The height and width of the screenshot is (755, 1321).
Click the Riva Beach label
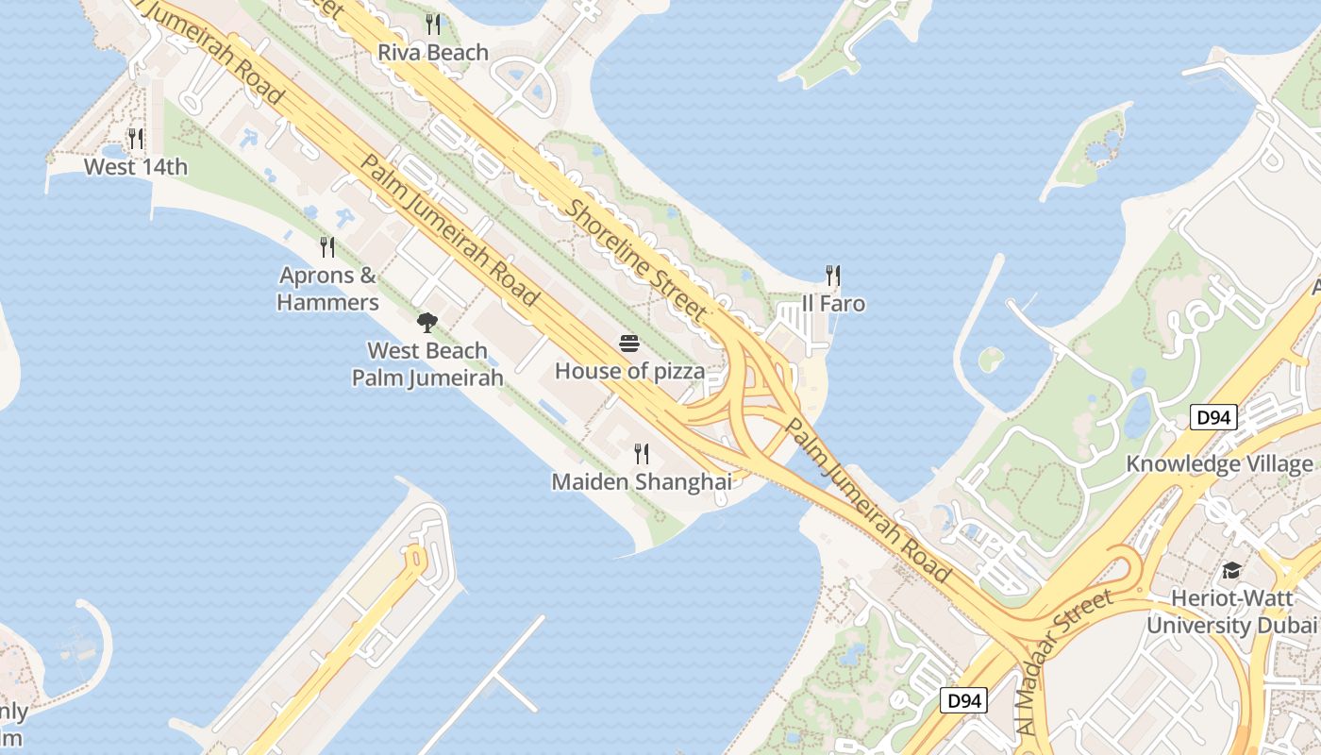433,53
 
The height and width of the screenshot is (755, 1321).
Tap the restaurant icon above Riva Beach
433,24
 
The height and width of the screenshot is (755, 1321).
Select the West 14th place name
136,167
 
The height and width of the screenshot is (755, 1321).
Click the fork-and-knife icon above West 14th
136,139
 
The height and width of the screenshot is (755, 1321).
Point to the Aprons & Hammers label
328,289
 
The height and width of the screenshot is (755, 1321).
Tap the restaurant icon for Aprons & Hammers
327,247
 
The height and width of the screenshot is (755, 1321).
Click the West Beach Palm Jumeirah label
427,364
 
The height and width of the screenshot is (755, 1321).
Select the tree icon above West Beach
427,323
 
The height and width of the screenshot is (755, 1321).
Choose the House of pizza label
629,371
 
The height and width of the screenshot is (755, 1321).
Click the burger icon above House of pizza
629,343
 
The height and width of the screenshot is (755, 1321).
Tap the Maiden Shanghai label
642,482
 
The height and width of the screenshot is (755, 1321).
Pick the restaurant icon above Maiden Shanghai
642,454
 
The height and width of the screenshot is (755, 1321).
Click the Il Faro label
833,304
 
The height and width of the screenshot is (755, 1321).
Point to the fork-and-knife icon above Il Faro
833,276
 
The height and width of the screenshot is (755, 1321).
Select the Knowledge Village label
1219,463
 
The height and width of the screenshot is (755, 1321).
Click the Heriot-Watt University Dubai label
1231,612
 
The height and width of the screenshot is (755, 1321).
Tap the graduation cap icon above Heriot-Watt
1231,570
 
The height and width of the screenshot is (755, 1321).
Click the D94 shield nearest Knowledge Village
1212,417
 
